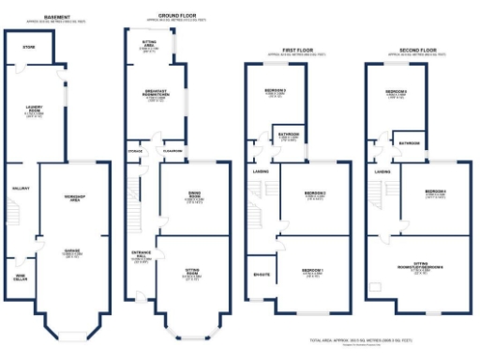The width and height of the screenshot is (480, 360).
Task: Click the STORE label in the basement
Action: click(x=29, y=45)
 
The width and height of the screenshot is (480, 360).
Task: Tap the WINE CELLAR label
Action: click(x=20, y=276)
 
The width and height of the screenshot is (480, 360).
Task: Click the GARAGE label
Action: click(x=70, y=251)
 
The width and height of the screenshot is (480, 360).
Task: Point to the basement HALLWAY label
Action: click(x=20, y=188)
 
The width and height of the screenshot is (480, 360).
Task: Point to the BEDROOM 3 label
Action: click(x=289, y=90)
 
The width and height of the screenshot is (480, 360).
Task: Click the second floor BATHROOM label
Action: click(x=410, y=143)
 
